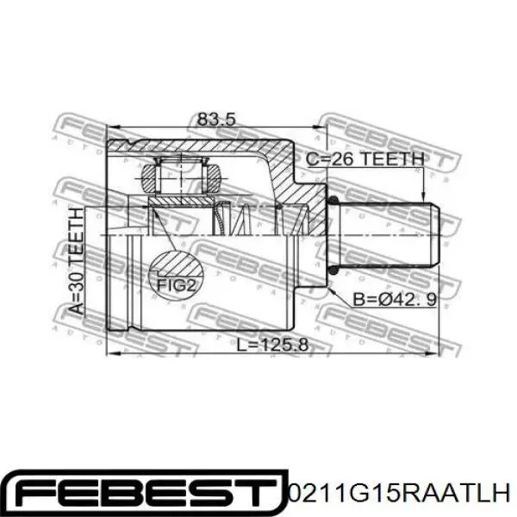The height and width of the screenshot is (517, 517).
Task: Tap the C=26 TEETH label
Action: [x=366, y=159]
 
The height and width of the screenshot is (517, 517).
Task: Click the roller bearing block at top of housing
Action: [x=181, y=178]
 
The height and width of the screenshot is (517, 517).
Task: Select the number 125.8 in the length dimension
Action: [x=287, y=345]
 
